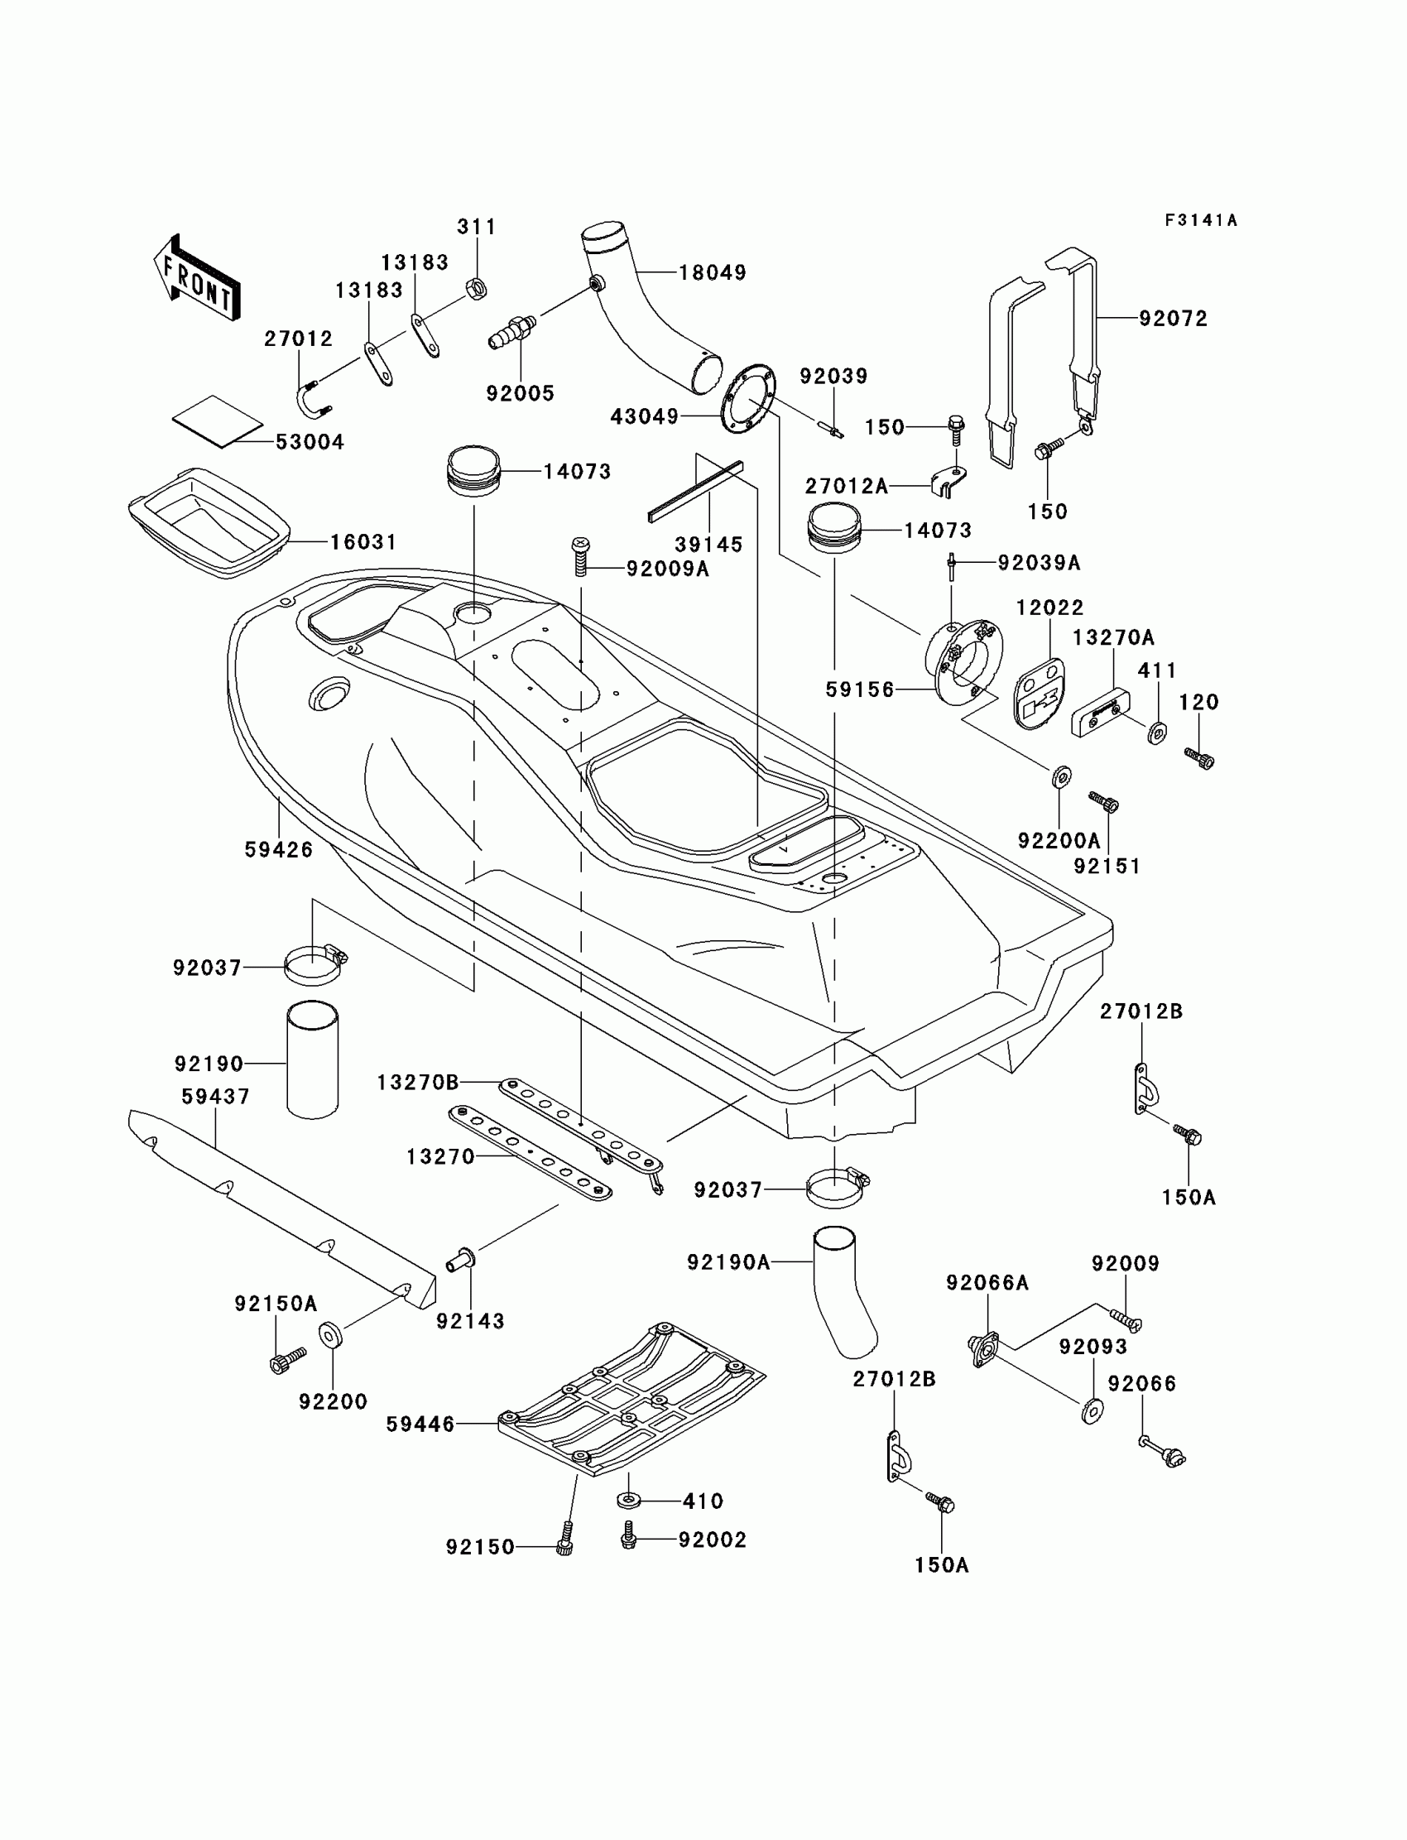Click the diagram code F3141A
1201,220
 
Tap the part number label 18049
712,272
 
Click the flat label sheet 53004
218,421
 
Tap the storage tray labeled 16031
209,522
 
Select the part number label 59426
278,849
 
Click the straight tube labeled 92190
312,1059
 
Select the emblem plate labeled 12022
1039,693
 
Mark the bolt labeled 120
1200,757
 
